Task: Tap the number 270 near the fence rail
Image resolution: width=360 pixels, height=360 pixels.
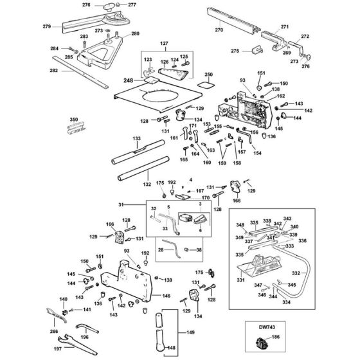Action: [x=219, y=30]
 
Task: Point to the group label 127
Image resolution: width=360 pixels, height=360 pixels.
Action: [x=163, y=44]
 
